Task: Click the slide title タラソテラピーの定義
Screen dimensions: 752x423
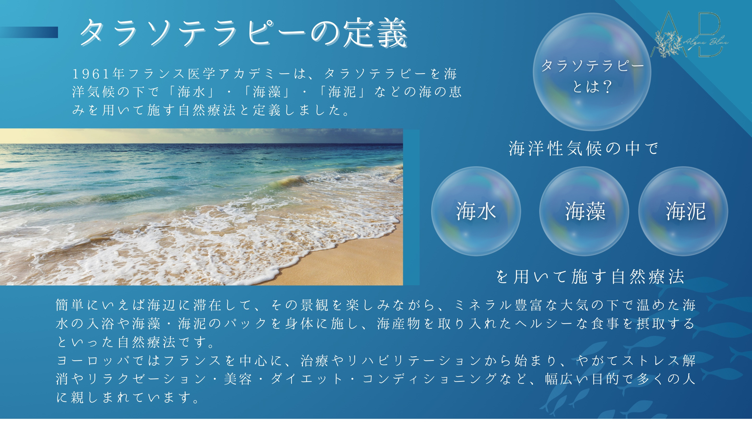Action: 244,33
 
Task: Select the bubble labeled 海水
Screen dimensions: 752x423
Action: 476,211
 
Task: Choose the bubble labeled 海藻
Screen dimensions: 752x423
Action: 584,211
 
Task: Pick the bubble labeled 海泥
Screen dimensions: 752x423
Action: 683,211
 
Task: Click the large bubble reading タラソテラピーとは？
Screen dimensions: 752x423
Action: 592,72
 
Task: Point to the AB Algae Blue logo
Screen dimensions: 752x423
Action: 690,34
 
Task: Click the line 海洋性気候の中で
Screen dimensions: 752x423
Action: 583,148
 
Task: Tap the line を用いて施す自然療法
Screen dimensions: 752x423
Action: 590,277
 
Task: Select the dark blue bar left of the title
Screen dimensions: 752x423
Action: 29,32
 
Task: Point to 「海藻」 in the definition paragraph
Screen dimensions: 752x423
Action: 267,92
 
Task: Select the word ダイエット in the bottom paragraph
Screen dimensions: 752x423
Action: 307,379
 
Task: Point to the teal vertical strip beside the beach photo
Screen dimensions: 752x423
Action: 411,207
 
